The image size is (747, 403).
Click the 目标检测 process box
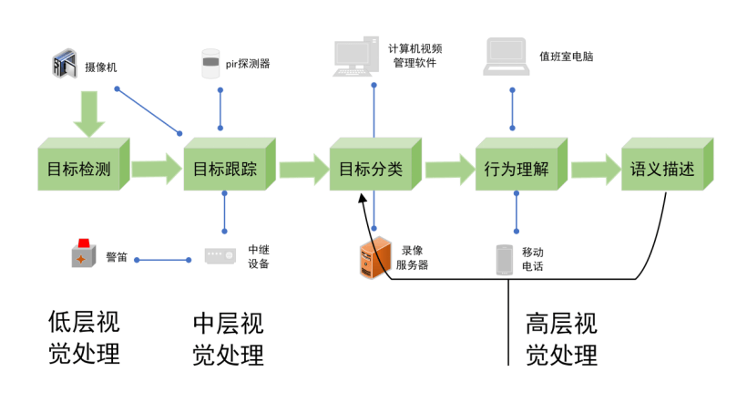tap(79, 169)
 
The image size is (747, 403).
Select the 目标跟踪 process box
tap(225, 169)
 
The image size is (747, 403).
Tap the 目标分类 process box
tap(371, 169)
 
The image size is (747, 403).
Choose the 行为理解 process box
tap(517, 169)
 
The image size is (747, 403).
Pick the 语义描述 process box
tap(662, 169)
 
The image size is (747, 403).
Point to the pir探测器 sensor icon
tap(210, 64)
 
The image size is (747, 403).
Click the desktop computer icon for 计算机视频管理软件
tap(357, 57)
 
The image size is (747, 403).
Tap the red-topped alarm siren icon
tap(84, 254)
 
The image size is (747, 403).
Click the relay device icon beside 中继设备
tap(220, 256)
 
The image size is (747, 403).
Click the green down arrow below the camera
tap(87, 114)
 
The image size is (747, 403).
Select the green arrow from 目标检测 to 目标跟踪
tap(156, 169)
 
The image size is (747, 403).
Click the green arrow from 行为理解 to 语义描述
tap(595, 169)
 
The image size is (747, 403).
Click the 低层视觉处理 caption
tap(84, 337)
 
